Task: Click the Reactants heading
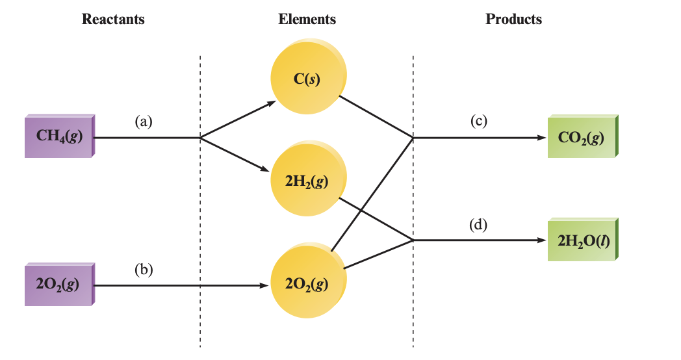[x=113, y=19]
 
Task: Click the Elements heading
[x=307, y=19]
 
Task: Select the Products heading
[x=513, y=19]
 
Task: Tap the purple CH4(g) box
[x=59, y=136]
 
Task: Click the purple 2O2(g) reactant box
[x=59, y=285]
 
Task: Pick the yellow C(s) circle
[x=307, y=79]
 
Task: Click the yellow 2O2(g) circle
[x=307, y=284]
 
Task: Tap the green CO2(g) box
[x=581, y=137]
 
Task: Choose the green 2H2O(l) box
[x=581, y=240]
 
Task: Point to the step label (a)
[x=144, y=121]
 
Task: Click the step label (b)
[x=144, y=269]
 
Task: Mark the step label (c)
[x=479, y=121]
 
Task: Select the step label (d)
[x=479, y=224]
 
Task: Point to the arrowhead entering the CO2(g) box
[x=541, y=138]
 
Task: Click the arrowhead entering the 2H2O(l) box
[x=541, y=240]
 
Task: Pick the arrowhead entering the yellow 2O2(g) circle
[x=264, y=285]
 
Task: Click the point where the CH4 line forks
[x=200, y=138]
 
